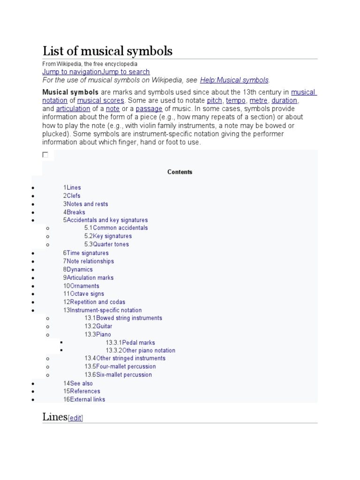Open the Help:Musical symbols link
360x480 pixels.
click(234, 80)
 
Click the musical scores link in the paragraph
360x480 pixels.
click(101, 100)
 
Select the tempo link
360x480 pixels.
click(236, 100)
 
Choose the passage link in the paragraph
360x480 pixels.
click(149, 109)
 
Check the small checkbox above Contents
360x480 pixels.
click(45, 154)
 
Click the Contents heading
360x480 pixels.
click(180, 172)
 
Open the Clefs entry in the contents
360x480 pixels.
click(73, 196)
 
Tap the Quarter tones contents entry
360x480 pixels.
click(111, 244)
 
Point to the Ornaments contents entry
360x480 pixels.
click(84, 286)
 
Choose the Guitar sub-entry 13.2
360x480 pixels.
click(104, 326)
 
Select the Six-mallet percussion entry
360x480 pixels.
click(124, 375)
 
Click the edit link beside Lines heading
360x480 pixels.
click(75, 418)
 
